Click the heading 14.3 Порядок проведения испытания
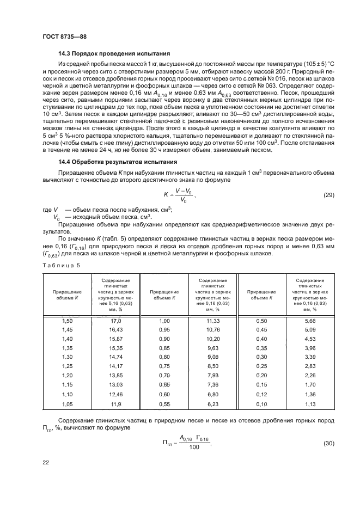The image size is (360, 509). coord(114,53)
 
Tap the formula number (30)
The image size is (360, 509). coord(328,444)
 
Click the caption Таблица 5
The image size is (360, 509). coord(61,265)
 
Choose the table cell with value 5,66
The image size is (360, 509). coord(310,322)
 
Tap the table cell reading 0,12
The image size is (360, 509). coord(261,394)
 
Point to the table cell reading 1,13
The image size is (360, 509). coord(310,404)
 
